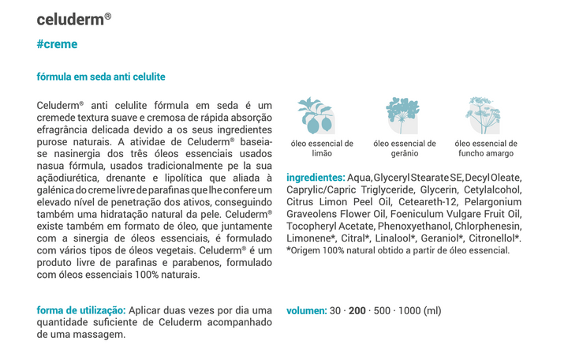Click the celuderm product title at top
click(x=73, y=17)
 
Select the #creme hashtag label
click(x=57, y=44)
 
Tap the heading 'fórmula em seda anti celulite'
click(x=101, y=77)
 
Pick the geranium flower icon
click(x=402, y=115)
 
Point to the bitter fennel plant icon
click(x=483, y=115)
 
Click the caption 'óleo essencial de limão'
click(x=322, y=148)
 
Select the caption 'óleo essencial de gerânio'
click(x=404, y=148)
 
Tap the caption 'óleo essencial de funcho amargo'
click(x=486, y=148)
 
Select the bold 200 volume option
click(x=357, y=310)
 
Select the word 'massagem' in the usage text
click(x=99, y=335)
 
